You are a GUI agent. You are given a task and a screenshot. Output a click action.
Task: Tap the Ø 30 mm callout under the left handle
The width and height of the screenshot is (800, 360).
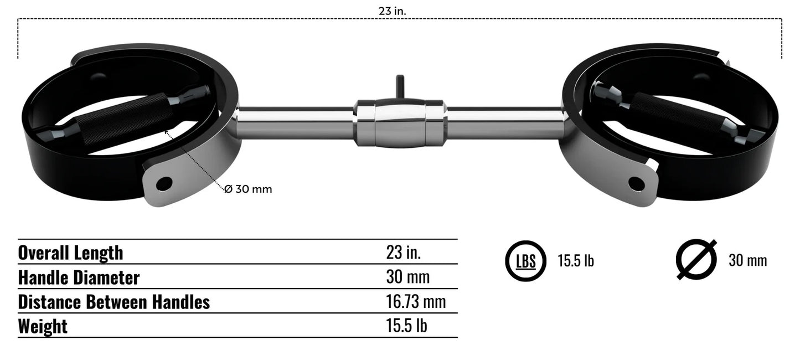point(248,189)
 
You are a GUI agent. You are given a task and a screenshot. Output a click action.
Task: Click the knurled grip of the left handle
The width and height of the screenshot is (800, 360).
point(125,118)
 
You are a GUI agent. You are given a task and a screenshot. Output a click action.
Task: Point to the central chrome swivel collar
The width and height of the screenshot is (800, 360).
point(400,123)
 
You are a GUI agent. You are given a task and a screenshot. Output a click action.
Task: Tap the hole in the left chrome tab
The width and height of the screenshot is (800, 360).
point(164,184)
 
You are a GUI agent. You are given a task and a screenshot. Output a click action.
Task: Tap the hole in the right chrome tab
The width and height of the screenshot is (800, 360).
point(637,183)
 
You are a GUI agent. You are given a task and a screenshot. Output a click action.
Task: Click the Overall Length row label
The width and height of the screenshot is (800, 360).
point(70,253)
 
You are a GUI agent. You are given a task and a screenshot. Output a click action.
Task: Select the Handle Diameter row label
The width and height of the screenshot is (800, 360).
point(79,277)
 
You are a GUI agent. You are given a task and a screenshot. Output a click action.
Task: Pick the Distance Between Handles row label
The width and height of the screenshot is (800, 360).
point(113,302)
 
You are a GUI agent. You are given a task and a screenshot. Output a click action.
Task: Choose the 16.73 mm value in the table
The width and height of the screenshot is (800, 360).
point(415,302)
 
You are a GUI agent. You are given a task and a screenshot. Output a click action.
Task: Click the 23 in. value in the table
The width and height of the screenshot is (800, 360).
point(403,253)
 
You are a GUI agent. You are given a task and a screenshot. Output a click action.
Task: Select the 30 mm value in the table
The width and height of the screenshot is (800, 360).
point(407,277)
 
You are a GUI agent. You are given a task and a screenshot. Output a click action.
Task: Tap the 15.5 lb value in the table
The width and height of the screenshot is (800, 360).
point(406,326)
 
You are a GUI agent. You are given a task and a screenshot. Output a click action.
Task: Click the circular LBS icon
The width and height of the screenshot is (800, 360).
point(525,261)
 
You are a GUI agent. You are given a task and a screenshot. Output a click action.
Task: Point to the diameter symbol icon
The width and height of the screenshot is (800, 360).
point(696,260)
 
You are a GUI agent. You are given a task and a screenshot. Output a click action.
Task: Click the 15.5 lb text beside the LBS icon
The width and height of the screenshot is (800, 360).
point(575,261)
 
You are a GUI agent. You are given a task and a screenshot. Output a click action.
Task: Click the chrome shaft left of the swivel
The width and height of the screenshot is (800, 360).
point(296,122)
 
